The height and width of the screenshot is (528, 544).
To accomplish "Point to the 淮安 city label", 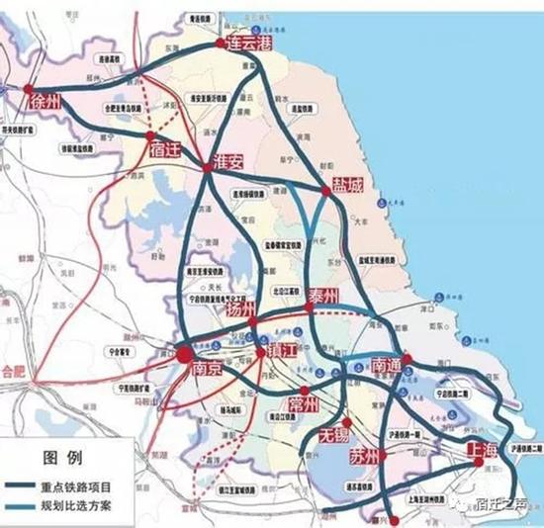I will (x=227, y=164).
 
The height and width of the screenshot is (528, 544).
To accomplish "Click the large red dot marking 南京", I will (x=184, y=352).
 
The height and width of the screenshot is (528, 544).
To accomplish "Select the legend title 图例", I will (x=66, y=459).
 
